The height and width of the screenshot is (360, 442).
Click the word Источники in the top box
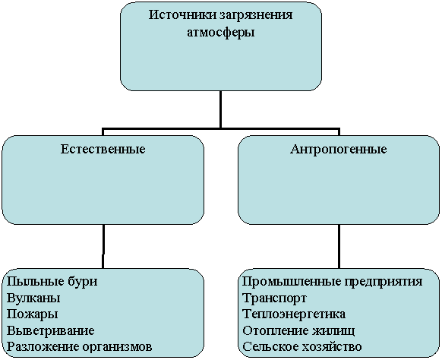(x=182, y=14)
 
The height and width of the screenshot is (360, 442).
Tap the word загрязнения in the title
(x=256, y=15)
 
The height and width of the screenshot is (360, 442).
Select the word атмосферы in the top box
(x=221, y=33)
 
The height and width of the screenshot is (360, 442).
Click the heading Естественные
(x=103, y=149)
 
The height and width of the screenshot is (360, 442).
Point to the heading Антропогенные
(x=338, y=150)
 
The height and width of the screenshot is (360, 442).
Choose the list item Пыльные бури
(x=52, y=282)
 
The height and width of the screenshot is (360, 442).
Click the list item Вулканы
(x=33, y=298)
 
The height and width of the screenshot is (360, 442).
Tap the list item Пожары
(x=32, y=314)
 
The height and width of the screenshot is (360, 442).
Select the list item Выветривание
(x=50, y=331)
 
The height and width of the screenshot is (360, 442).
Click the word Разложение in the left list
(x=43, y=347)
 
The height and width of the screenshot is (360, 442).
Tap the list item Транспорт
(x=274, y=298)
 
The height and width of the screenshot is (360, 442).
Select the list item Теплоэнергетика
(x=294, y=314)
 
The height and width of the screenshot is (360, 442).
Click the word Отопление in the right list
(x=275, y=330)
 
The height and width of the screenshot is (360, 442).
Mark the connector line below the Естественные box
(x=103, y=246)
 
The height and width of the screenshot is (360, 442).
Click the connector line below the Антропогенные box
(x=339, y=246)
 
